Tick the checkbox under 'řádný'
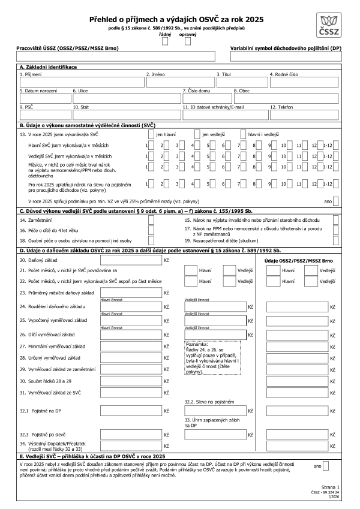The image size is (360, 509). point(164,41)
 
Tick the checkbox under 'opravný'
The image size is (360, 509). point(188,41)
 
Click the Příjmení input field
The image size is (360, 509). point(81,82)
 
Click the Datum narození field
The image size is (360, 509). point(44,98)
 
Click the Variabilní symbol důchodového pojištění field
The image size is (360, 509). point(286,56)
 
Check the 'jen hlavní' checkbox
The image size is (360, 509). point(151,134)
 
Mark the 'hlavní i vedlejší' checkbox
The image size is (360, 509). point(244,134)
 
